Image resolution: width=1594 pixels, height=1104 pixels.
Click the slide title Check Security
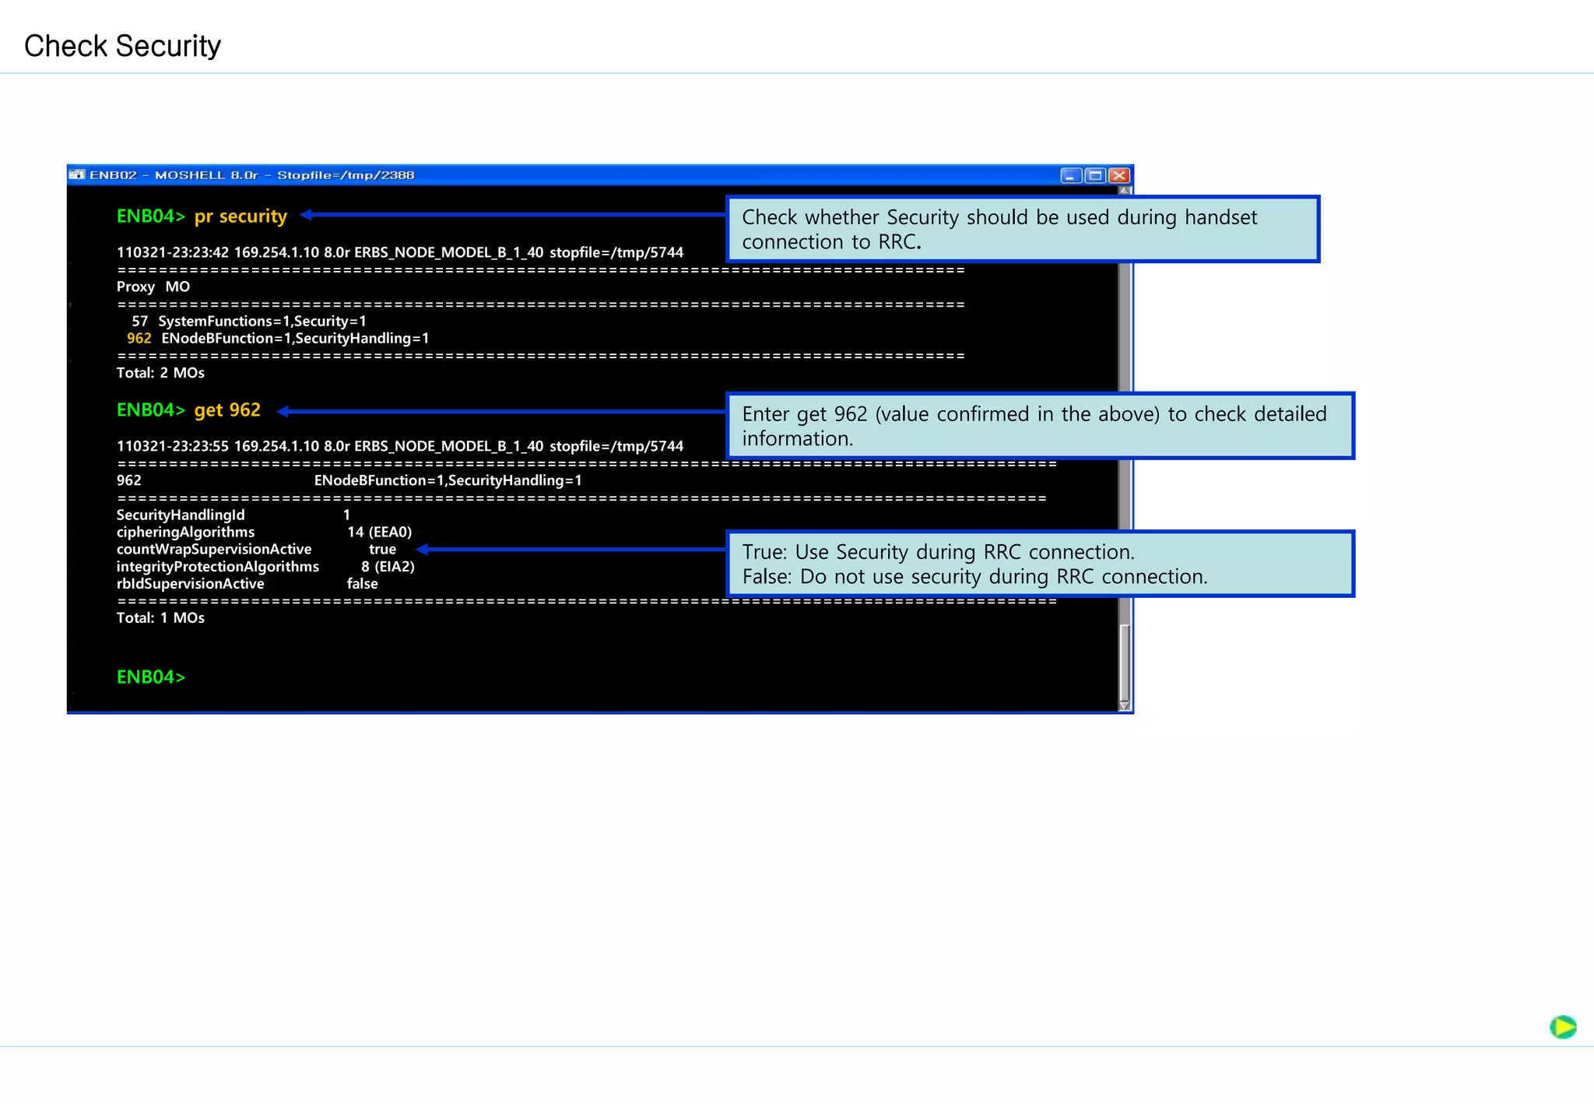[x=122, y=46]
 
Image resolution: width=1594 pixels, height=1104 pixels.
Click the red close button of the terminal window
[x=1119, y=175]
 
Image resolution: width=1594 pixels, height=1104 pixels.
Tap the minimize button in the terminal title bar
[x=1071, y=175]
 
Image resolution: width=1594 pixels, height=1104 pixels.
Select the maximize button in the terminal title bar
[x=1095, y=175]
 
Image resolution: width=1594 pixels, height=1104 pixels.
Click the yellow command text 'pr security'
[x=241, y=216]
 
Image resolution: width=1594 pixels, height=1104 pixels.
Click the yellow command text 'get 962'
[x=227, y=410]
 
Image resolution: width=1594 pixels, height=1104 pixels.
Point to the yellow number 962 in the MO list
[x=139, y=338]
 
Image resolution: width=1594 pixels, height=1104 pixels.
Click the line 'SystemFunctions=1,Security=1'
[x=262, y=321]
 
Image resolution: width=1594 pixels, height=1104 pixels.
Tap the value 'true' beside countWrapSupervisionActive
[x=382, y=549]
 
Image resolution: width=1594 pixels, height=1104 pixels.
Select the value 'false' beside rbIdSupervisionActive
[x=362, y=583]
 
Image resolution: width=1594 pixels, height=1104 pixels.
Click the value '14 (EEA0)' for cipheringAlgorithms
[x=379, y=532]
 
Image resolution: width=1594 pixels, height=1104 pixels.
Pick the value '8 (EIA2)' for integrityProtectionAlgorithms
[x=388, y=566]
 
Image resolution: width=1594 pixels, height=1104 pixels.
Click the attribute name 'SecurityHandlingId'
[x=181, y=515]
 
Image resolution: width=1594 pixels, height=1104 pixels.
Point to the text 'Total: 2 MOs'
[x=160, y=372]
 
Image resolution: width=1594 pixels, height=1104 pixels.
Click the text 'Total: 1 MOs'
[x=160, y=617]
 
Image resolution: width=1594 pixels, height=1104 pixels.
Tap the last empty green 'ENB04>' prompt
[x=151, y=677]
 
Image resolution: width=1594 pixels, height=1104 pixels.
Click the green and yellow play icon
[x=1562, y=1027]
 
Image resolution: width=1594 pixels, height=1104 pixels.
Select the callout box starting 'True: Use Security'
[x=1040, y=564]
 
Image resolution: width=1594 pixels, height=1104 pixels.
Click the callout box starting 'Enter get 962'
[x=1040, y=426]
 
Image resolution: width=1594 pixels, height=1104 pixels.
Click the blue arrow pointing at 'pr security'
[x=514, y=214]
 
